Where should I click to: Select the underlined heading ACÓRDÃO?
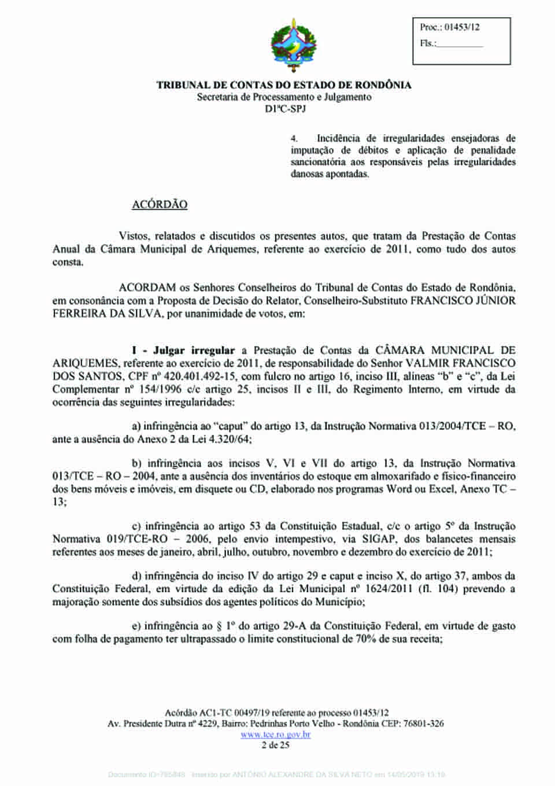pos(160,205)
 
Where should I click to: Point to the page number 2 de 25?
pos(275,745)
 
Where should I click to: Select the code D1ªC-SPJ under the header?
pos(285,109)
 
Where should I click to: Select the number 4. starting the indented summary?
pos(294,139)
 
